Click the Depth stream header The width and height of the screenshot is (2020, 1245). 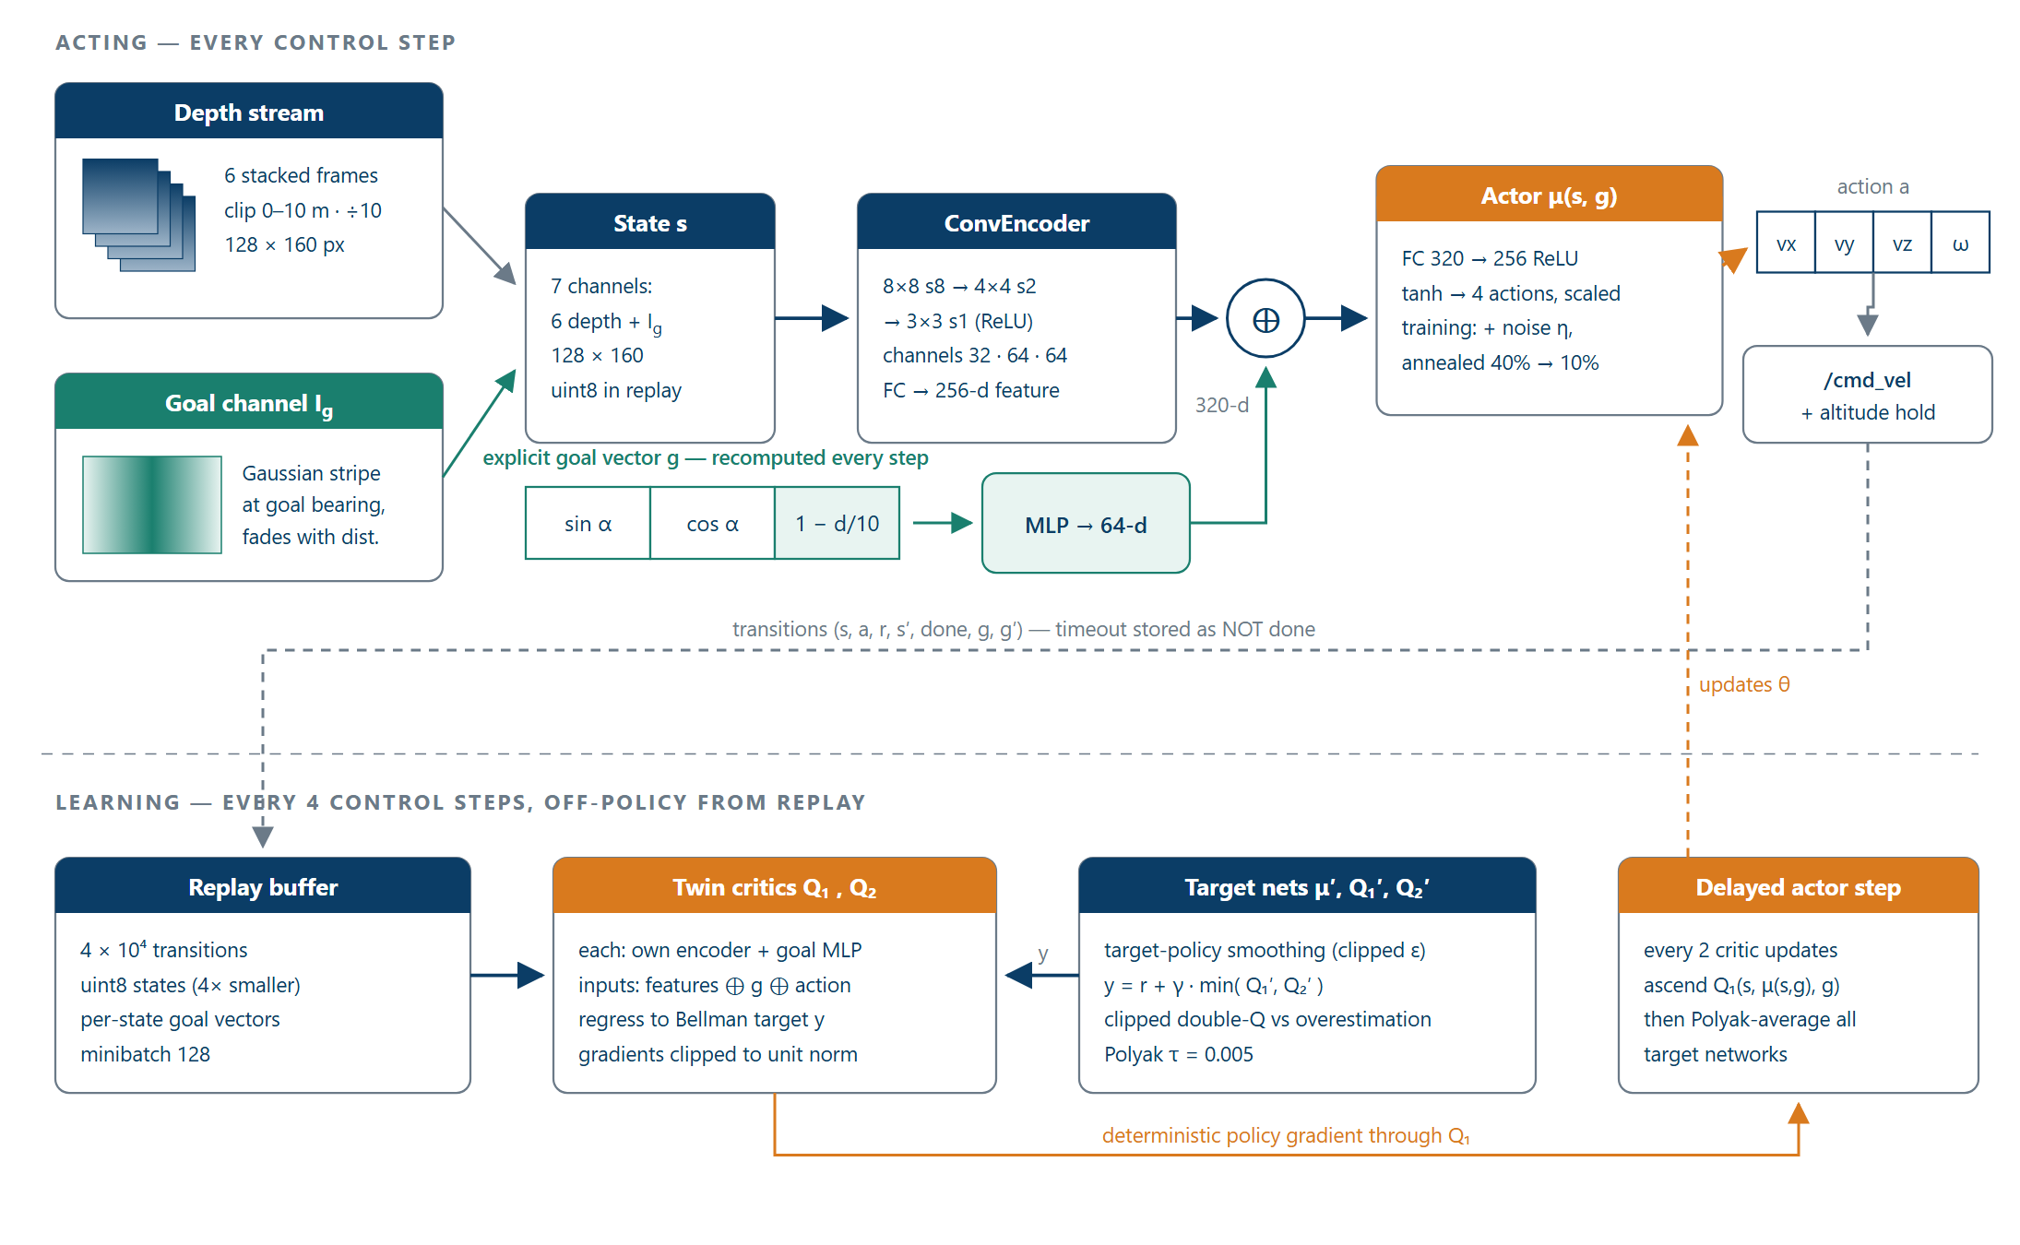point(249,112)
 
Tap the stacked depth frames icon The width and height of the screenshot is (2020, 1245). point(138,215)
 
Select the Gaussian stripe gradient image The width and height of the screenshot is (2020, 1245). point(152,504)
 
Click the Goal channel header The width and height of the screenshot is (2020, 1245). point(249,402)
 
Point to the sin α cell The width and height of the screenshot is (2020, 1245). point(588,523)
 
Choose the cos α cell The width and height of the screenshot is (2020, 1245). point(712,523)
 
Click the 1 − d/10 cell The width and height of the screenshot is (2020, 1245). point(837,523)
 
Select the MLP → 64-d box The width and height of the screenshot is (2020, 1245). point(1086,524)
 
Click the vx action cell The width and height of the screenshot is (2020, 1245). point(1786,243)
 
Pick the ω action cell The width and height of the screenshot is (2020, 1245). point(1960,243)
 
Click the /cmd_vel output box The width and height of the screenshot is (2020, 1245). point(1868,395)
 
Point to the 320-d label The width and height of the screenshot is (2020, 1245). point(1222,405)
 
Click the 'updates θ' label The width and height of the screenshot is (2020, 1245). point(1744,684)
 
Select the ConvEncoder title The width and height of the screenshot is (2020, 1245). point(1016,223)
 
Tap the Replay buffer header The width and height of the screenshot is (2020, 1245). point(263,886)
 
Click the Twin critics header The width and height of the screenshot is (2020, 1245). point(775,886)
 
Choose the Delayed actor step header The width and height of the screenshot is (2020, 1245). point(1799,886)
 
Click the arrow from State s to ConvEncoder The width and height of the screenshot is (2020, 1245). point(812,318)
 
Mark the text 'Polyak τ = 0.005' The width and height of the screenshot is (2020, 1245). point(1179,1054)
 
